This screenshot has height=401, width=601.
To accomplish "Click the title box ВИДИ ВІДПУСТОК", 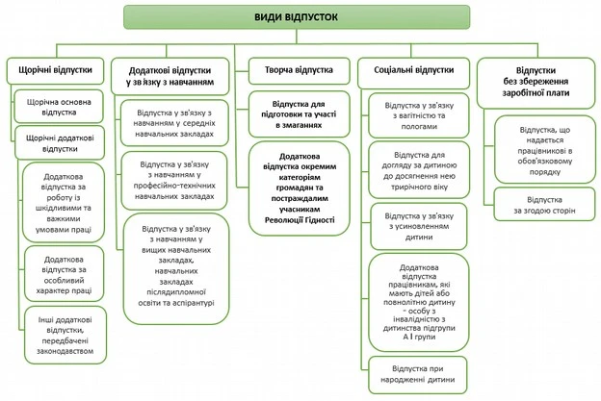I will pyautogui.click(x=297, y=16).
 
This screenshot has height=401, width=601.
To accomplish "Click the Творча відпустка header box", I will pyautogui.click(x=298, y=70).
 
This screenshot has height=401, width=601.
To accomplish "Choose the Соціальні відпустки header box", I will pyautogui.click(x=420, y=70).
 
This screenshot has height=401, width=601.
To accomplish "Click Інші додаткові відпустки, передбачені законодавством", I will pyautogui.click(x=64, y=336).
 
